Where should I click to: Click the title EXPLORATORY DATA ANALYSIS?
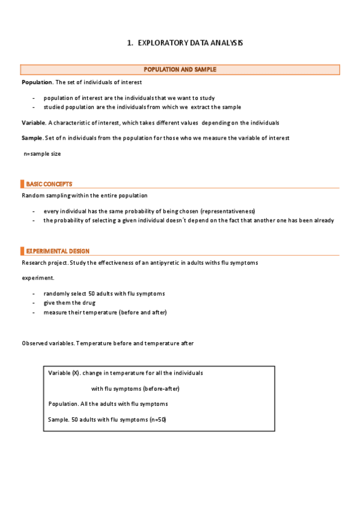191,43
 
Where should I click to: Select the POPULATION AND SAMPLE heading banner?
180,70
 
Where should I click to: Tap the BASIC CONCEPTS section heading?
49,184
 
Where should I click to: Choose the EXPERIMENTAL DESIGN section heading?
58,251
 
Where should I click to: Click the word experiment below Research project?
38,278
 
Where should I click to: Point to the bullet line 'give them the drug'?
69,303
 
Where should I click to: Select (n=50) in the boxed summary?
157,419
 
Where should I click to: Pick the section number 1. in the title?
130,43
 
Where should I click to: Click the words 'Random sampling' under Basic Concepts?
44,195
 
